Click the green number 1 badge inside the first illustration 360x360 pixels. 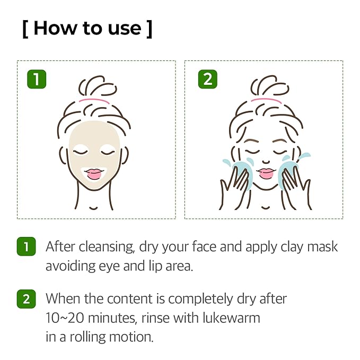click(x=37, y=80)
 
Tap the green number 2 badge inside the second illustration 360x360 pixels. click(x=207, y=80)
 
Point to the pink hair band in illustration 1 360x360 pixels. click(x=94, y=99)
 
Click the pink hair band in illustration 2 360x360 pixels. click(x=266, y=99)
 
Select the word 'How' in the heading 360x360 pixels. click(x=54, y=29)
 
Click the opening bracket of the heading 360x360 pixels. click(x=25, y=29)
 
